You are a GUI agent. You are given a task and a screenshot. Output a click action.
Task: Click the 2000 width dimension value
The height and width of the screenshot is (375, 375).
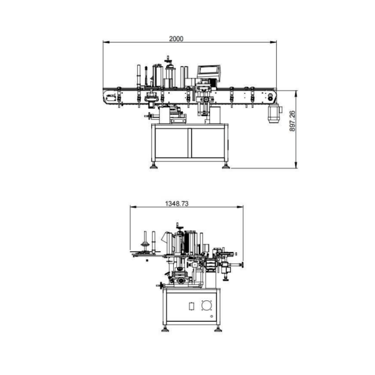coord(175,38)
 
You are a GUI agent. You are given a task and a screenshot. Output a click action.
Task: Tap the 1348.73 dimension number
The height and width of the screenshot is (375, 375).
coord(177,203)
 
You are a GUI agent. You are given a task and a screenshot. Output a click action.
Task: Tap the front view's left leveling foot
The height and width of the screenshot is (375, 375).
coord(154,166)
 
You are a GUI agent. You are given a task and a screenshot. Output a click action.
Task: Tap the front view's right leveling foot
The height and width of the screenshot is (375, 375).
coord(225,166)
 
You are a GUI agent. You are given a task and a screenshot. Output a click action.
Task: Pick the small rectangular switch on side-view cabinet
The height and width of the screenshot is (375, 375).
coord(191,306)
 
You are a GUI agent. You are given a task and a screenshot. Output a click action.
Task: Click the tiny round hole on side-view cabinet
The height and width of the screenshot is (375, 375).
coord(211,317)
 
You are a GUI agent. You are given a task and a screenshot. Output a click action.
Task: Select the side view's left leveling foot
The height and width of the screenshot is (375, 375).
coord(165,329)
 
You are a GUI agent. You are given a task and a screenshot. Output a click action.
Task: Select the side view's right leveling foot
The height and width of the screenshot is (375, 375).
coord(218,329)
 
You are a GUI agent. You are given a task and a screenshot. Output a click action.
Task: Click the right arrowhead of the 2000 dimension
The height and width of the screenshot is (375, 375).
coord(274,42)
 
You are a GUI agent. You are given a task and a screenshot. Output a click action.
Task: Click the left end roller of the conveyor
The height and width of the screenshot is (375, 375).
coord(108,98)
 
